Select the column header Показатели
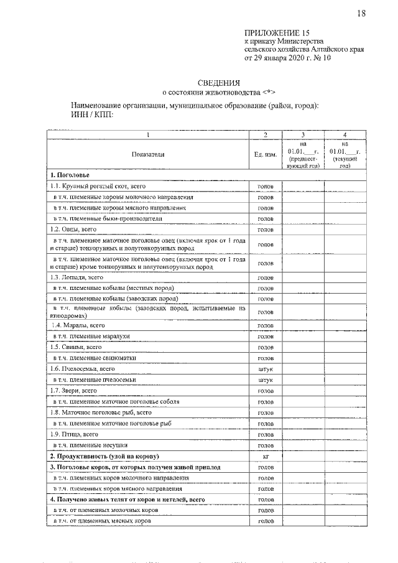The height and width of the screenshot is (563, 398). pyautogui.click(x=148, y=154)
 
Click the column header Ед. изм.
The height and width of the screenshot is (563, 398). pyautogui.click(x=266, y=154)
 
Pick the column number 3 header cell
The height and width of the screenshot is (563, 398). pyautogui.click(x=303, y=134)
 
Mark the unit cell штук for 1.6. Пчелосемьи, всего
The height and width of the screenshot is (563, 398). pyautogui.click(x=266, y=369)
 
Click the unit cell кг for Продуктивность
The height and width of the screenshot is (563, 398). pyautogui.click(x=266, y=456)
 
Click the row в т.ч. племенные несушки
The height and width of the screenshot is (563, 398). pyautogui.click(x=90, y=445)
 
